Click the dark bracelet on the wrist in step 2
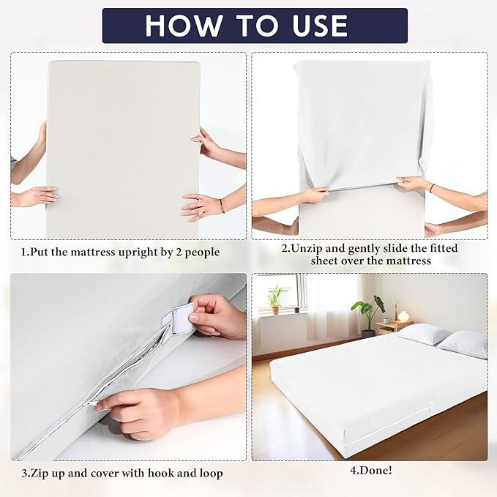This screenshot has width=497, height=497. [432, 188]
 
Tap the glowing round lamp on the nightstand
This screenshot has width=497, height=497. [403, 316]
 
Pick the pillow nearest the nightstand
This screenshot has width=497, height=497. [424, 334]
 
